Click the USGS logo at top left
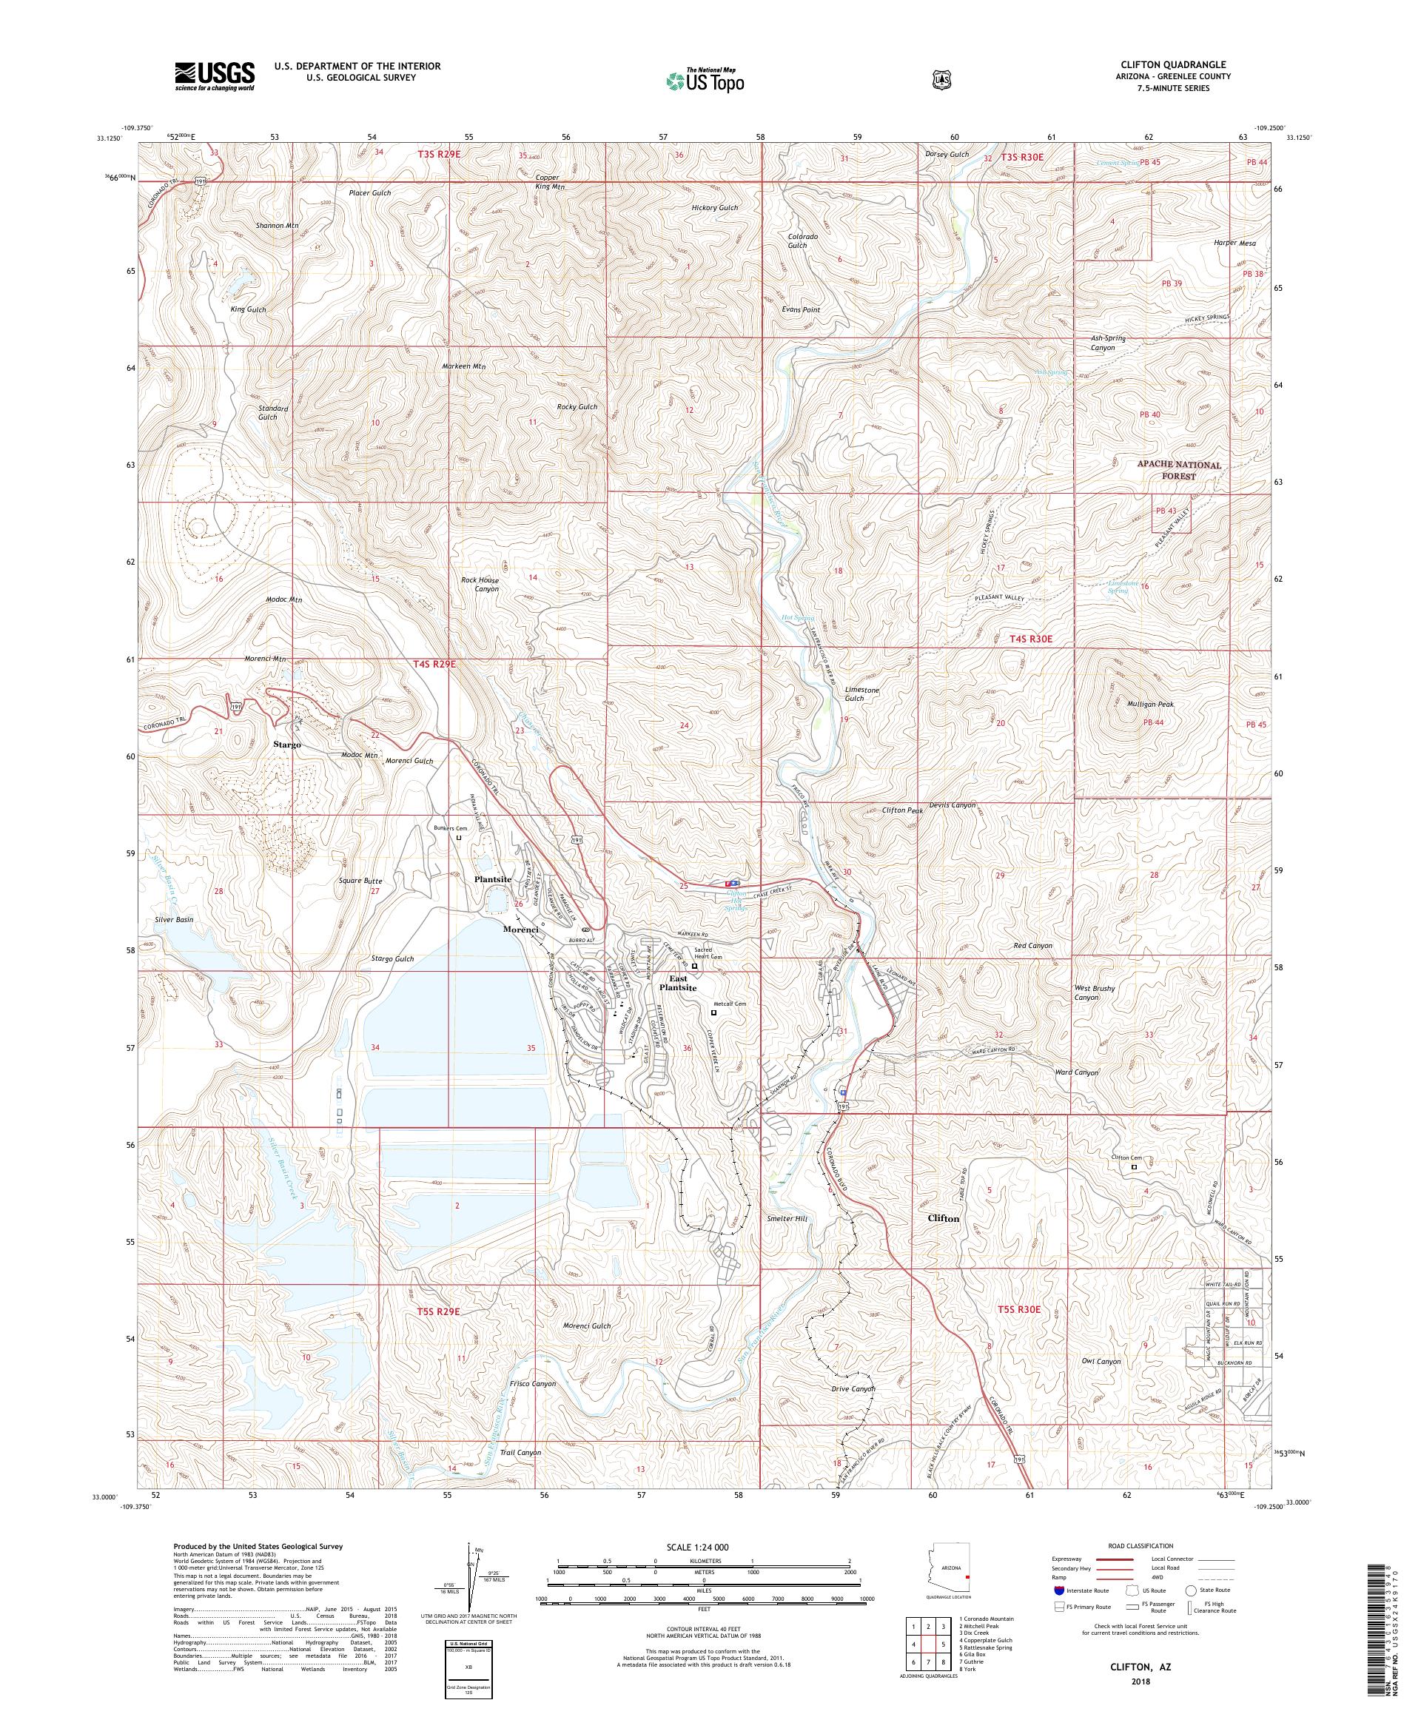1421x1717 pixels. (x=214, y=77)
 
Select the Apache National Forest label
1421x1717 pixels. (x=1178, y=470)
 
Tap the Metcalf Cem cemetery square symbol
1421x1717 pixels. (x=713, y=1012)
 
